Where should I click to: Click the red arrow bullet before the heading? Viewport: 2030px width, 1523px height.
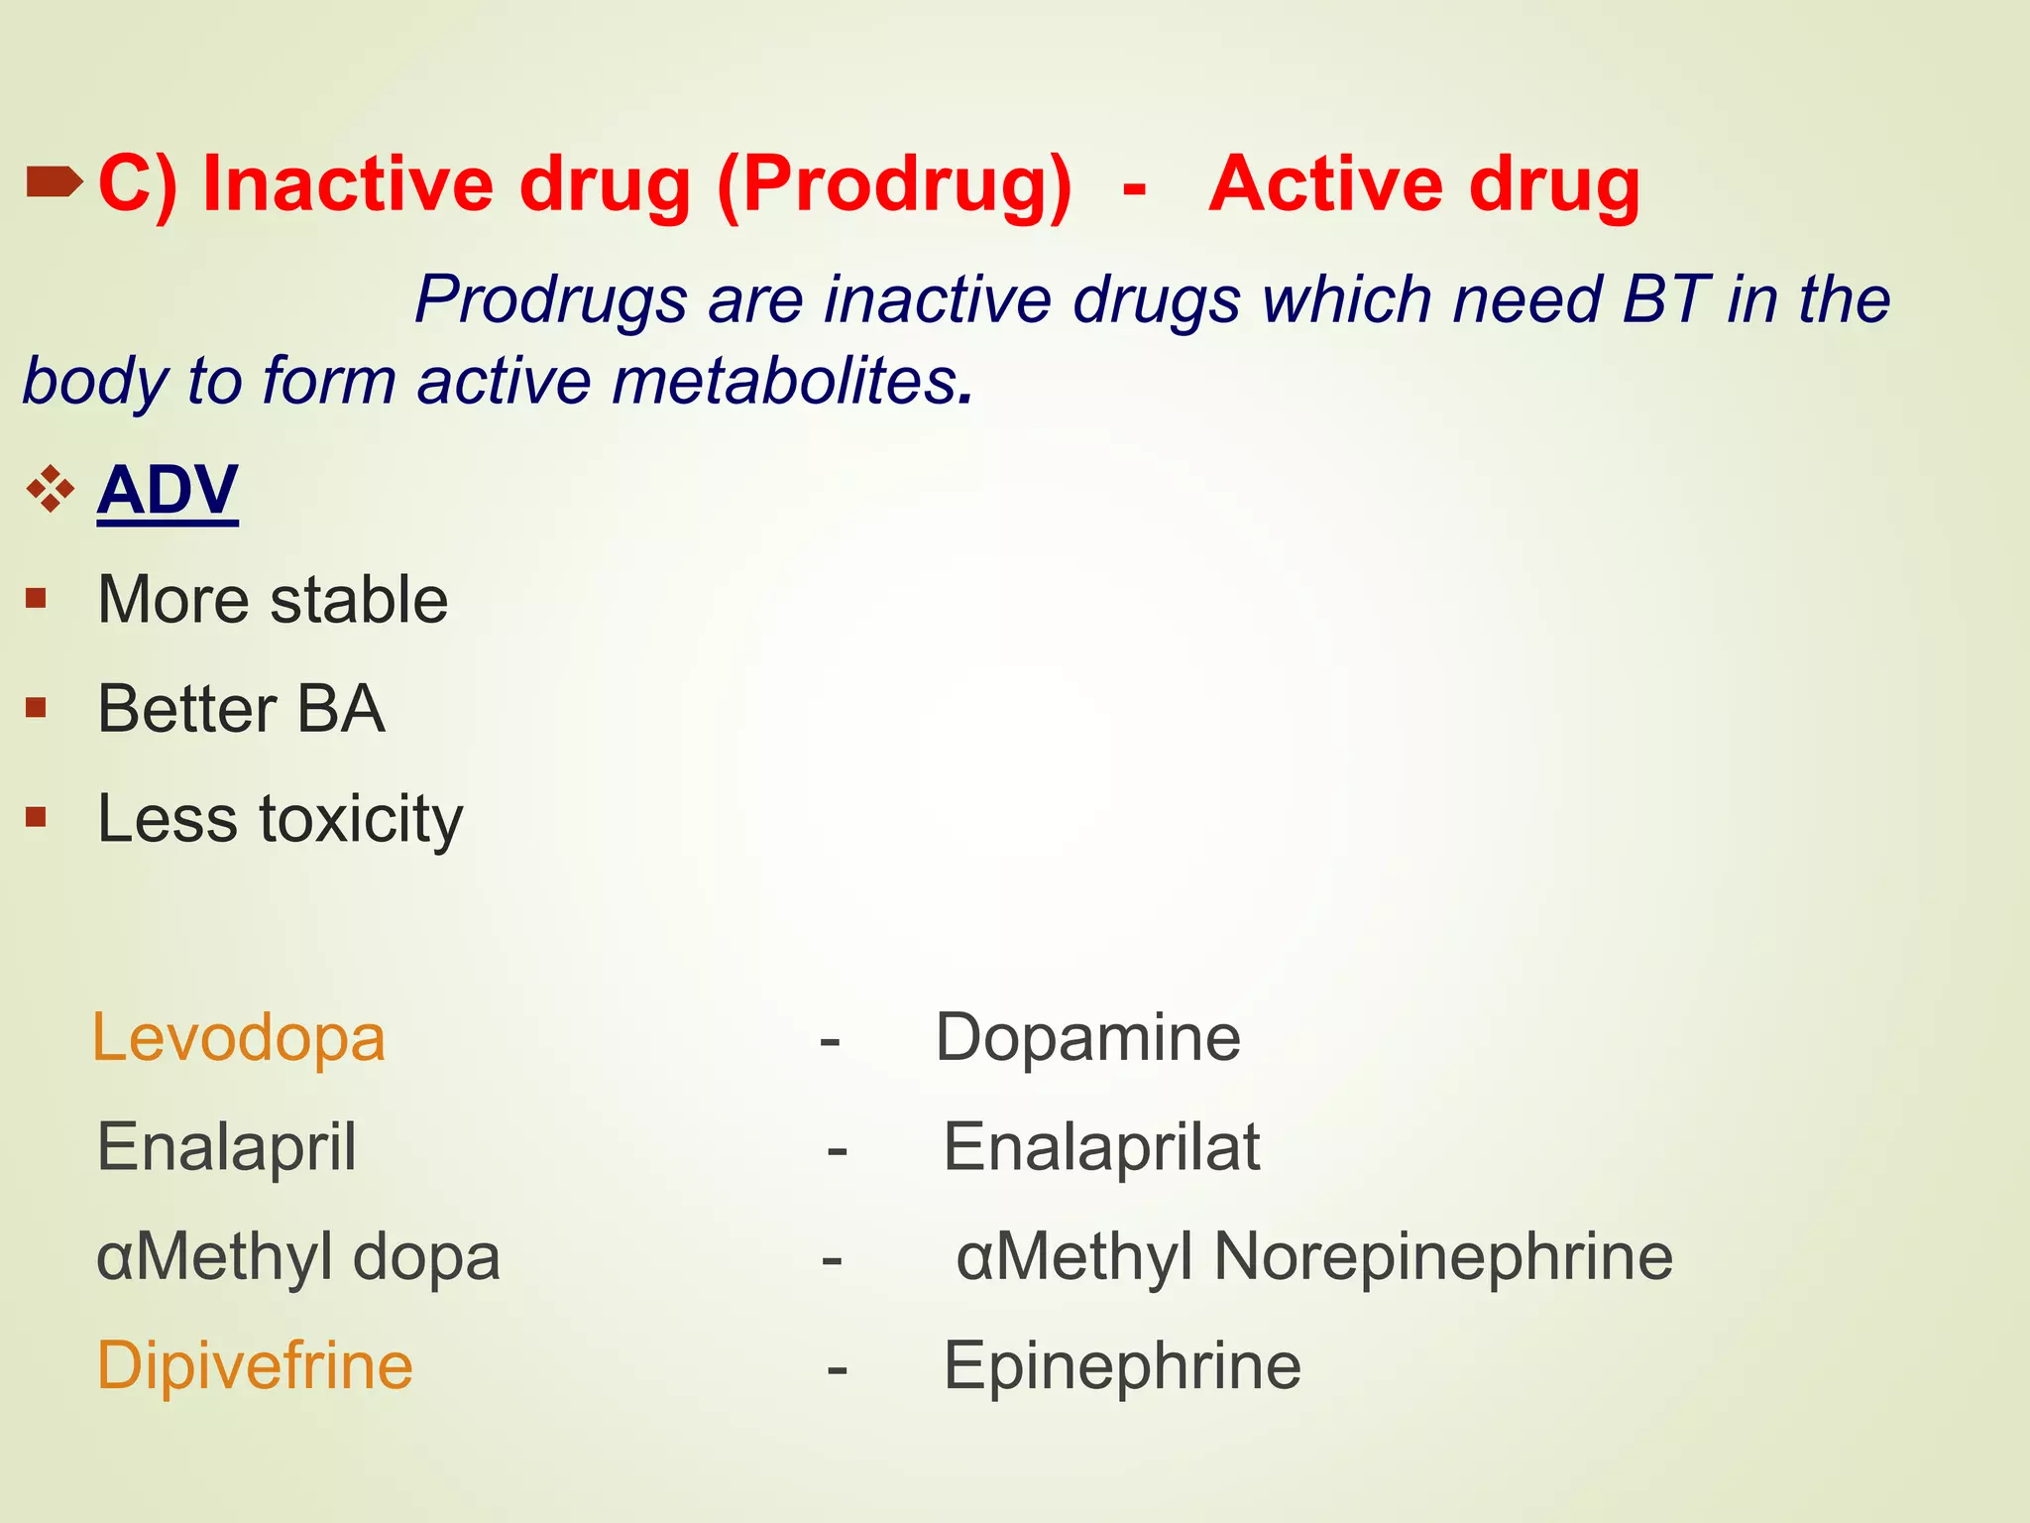click(54, 182)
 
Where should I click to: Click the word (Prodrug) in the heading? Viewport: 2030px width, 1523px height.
click(894, 185)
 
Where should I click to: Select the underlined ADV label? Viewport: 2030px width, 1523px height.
click(168, 490)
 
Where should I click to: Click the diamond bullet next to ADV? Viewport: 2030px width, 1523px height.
click(51, 489)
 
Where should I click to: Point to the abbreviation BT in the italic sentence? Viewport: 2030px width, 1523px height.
click(1665, 298)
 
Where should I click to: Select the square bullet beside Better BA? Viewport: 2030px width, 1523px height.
click(37, 708)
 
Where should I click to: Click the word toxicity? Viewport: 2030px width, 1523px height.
click(361, 819)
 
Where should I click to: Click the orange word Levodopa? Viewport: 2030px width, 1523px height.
click(238, 1038)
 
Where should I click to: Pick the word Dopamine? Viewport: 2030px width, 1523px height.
click(1087, 1038)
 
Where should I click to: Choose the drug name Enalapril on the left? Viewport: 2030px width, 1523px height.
click(226, 1147)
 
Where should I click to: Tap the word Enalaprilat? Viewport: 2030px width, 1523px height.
click(1100, 1147)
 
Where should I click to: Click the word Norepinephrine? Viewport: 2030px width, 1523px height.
click(1442, 1256)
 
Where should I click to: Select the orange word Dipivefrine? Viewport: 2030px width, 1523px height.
click(254, 1365)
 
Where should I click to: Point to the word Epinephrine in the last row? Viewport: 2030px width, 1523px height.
click(1121, 1365)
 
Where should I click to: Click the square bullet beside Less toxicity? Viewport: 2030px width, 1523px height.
click(37, 817)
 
